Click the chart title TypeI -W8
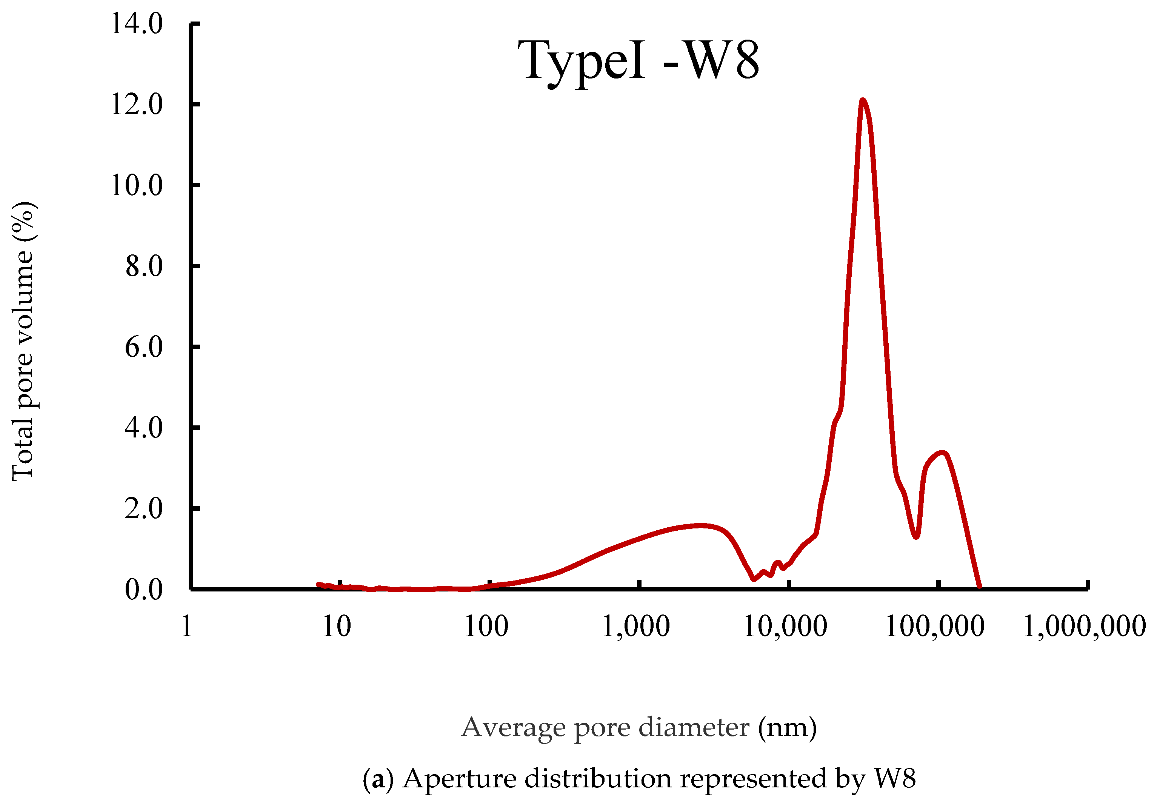click(638, 60)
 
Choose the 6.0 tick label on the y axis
click(144, 347)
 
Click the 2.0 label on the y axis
click(144, 508)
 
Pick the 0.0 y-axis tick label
click(144, 589)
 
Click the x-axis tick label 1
click(187, 627)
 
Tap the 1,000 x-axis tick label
click(635, 627)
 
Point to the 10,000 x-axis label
click(785, 627)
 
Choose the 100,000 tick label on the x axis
click(935, 627)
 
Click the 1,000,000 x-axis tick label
click(1085, 627)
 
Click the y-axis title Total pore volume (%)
click(23, 341)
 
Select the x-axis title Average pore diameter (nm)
click(639, 727)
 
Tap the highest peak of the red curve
click(863, 101)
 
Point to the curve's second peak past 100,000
click(943, 453)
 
